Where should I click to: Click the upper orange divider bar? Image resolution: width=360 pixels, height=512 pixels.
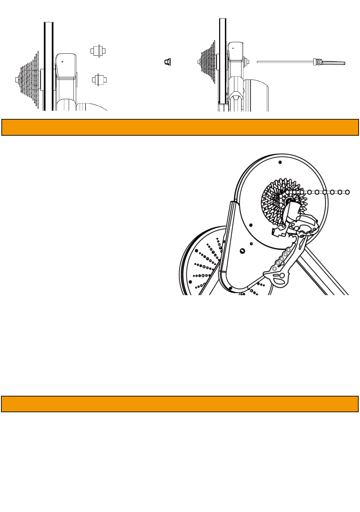pos(180,127)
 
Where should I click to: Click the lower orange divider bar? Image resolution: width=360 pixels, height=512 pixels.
pos(180,404)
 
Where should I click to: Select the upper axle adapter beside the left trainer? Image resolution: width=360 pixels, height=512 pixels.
pos(98,51)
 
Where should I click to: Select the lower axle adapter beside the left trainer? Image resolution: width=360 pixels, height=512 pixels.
pos(99,80)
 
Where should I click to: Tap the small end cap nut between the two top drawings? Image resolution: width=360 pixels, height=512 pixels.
pos(168,62)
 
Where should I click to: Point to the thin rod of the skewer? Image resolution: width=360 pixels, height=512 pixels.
pos(284,62)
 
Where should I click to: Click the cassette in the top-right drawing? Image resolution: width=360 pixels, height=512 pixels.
pos(207,62)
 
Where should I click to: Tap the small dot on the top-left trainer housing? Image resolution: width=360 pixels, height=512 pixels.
pos(62,62)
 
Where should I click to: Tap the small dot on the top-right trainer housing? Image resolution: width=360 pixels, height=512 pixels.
pos(233,48)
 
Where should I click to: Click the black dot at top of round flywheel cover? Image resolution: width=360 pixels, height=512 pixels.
pos(280,162)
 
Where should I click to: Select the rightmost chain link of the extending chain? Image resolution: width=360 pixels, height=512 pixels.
pos(347,192)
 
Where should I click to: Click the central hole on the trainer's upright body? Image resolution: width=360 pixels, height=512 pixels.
pos(242,251)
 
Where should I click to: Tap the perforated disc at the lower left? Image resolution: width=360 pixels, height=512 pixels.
pos(200,263)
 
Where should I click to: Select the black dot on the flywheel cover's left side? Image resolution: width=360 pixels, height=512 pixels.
pos(251,225)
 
